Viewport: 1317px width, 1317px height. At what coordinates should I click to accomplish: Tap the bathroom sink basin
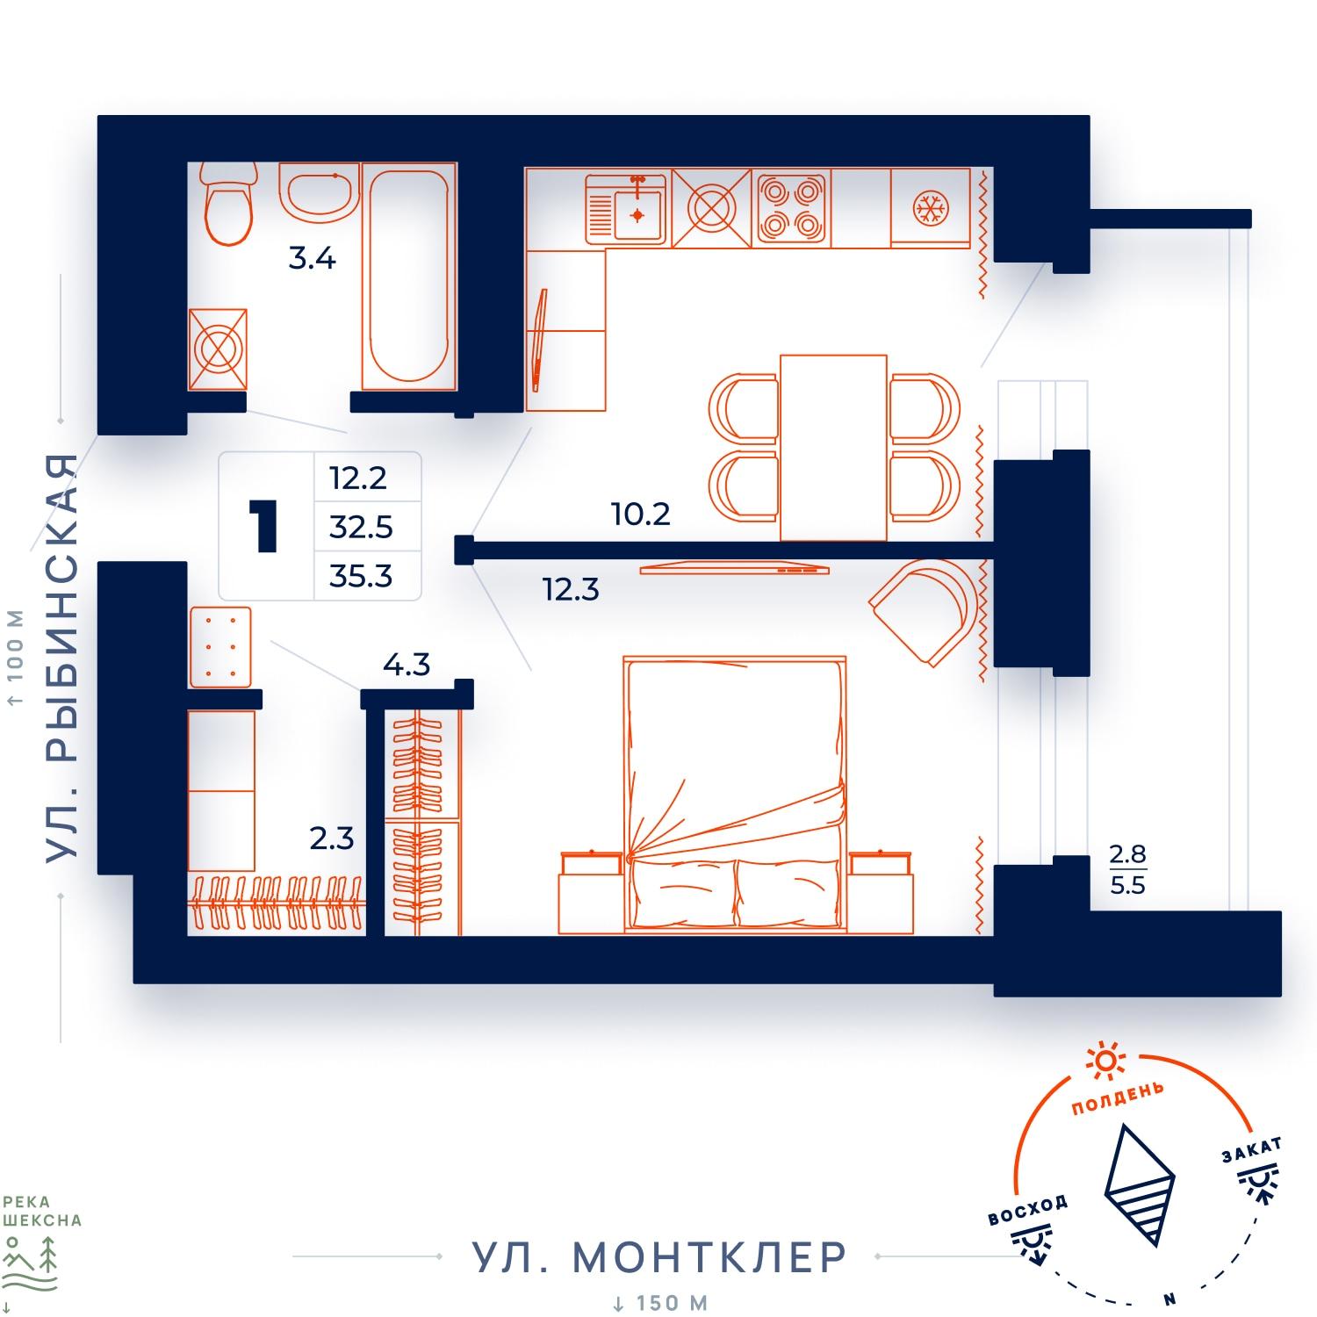pos(320,190)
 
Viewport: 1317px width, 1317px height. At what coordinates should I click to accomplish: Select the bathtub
pos(408,276)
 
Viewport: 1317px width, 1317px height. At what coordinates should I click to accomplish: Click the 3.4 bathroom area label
pos(313,259)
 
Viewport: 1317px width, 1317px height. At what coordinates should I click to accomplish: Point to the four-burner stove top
pos(790,207)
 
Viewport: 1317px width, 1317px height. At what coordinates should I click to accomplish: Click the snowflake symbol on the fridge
pos(928,207)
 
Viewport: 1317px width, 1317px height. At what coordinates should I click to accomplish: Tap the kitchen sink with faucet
pos(627,207)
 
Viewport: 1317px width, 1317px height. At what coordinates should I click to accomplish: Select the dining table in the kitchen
pos(833,447)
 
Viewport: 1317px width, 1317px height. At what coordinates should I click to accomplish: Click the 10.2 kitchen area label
pos(641,514)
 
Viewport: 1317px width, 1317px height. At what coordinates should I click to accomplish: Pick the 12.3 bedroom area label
pos(571,589)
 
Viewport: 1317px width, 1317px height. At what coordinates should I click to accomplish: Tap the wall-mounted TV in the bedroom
pos(735,569)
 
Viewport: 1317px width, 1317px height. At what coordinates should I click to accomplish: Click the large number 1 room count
pos(263,526)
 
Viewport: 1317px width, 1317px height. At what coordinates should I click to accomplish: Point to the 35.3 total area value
pos(361,576)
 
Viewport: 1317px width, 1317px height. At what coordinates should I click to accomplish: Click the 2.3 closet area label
pos(331,838)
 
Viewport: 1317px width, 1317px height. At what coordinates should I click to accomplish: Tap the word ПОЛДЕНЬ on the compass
pos(1118,1097)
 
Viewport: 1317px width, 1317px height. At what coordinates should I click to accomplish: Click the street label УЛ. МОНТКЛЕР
pos(659,1257)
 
